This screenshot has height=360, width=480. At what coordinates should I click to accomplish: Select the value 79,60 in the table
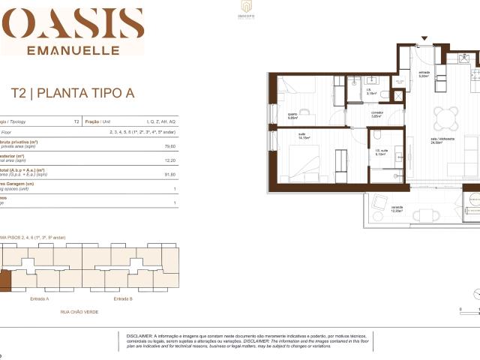pyautogui.click(x=169, y=147)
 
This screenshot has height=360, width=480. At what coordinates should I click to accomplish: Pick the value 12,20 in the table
pyautogui.click(x=169, y=160)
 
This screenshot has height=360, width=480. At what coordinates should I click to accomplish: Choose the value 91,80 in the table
pyautogui.click(x=169, y=175)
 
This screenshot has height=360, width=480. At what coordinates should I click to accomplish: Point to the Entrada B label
pyautogui.click(x=123, y=298)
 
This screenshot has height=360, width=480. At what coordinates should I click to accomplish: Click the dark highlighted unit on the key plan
pyautogui.click(x=4, y=281)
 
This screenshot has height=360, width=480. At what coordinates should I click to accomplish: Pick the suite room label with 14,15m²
pyautogui.click(x=304, y=137)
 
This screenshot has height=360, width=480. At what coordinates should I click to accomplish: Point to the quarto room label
pyautogui.click(x=293, y=116)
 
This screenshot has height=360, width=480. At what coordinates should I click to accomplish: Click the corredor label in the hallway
pyautogui.click(x=376, y=114)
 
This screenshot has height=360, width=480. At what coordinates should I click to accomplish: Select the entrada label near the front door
pyautogui.click(x=423, y=74)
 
